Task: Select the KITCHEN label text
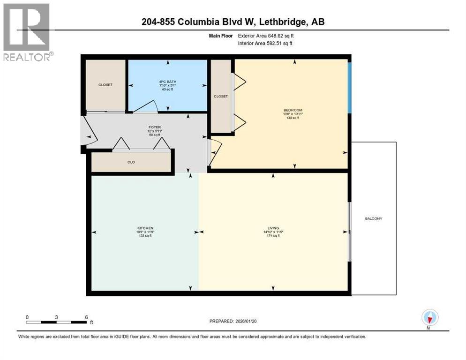coord(144,228)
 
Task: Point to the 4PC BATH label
coord(167,82)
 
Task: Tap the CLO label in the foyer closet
coord(131,162)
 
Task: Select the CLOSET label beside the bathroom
coord(105,85)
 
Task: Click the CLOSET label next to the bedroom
coord(220,97)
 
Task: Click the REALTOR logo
coord(27,32)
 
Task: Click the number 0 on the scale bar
coord(27,317)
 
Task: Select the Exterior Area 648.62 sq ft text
coord(266,35)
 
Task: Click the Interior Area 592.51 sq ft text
coord(266,43)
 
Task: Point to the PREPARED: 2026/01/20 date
coord(233,321)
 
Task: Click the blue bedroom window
coord(349,87)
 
